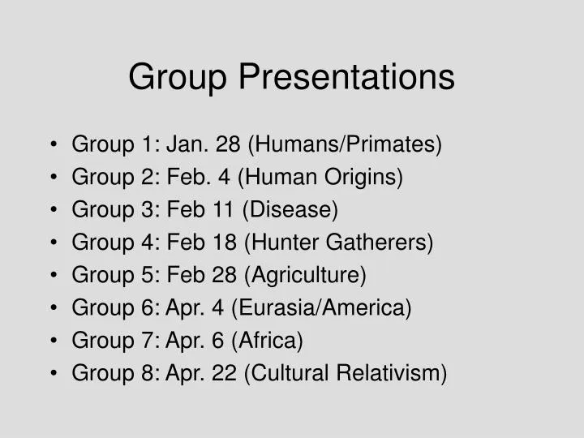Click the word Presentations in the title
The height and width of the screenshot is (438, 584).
pyautogui.click(x=346, y=78)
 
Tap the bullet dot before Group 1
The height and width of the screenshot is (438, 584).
pyautogui.click(x=53, y=146)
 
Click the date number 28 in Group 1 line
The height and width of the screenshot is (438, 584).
pyautogui.click(x=229, y=145)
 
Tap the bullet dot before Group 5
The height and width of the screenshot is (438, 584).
pyautogui.click(x=53, y=276)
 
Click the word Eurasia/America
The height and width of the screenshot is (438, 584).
pyautogui.click(x=321, y=308)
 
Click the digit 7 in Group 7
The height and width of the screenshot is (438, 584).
pyautogui.click(x=151, y=341)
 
